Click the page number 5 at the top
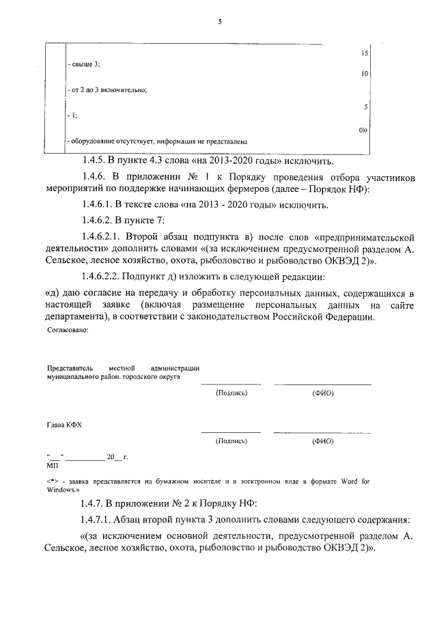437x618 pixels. point(219,22)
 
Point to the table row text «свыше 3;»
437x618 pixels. point(85,64)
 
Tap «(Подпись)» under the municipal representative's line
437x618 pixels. point(231,393)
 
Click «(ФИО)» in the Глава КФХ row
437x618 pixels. point(322,441)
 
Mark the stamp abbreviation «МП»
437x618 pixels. point(52,465)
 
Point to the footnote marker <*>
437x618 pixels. point(52,481)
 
